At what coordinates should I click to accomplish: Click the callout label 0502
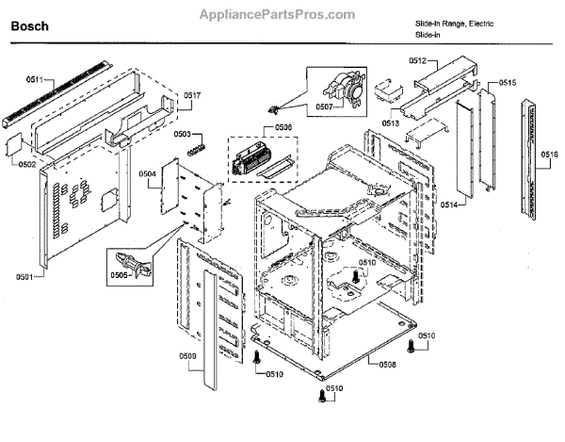click(26, 166)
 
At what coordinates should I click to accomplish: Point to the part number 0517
click(192, 96)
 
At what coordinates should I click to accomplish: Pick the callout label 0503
click(184, 135)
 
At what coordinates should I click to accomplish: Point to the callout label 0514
click(448, 205)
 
